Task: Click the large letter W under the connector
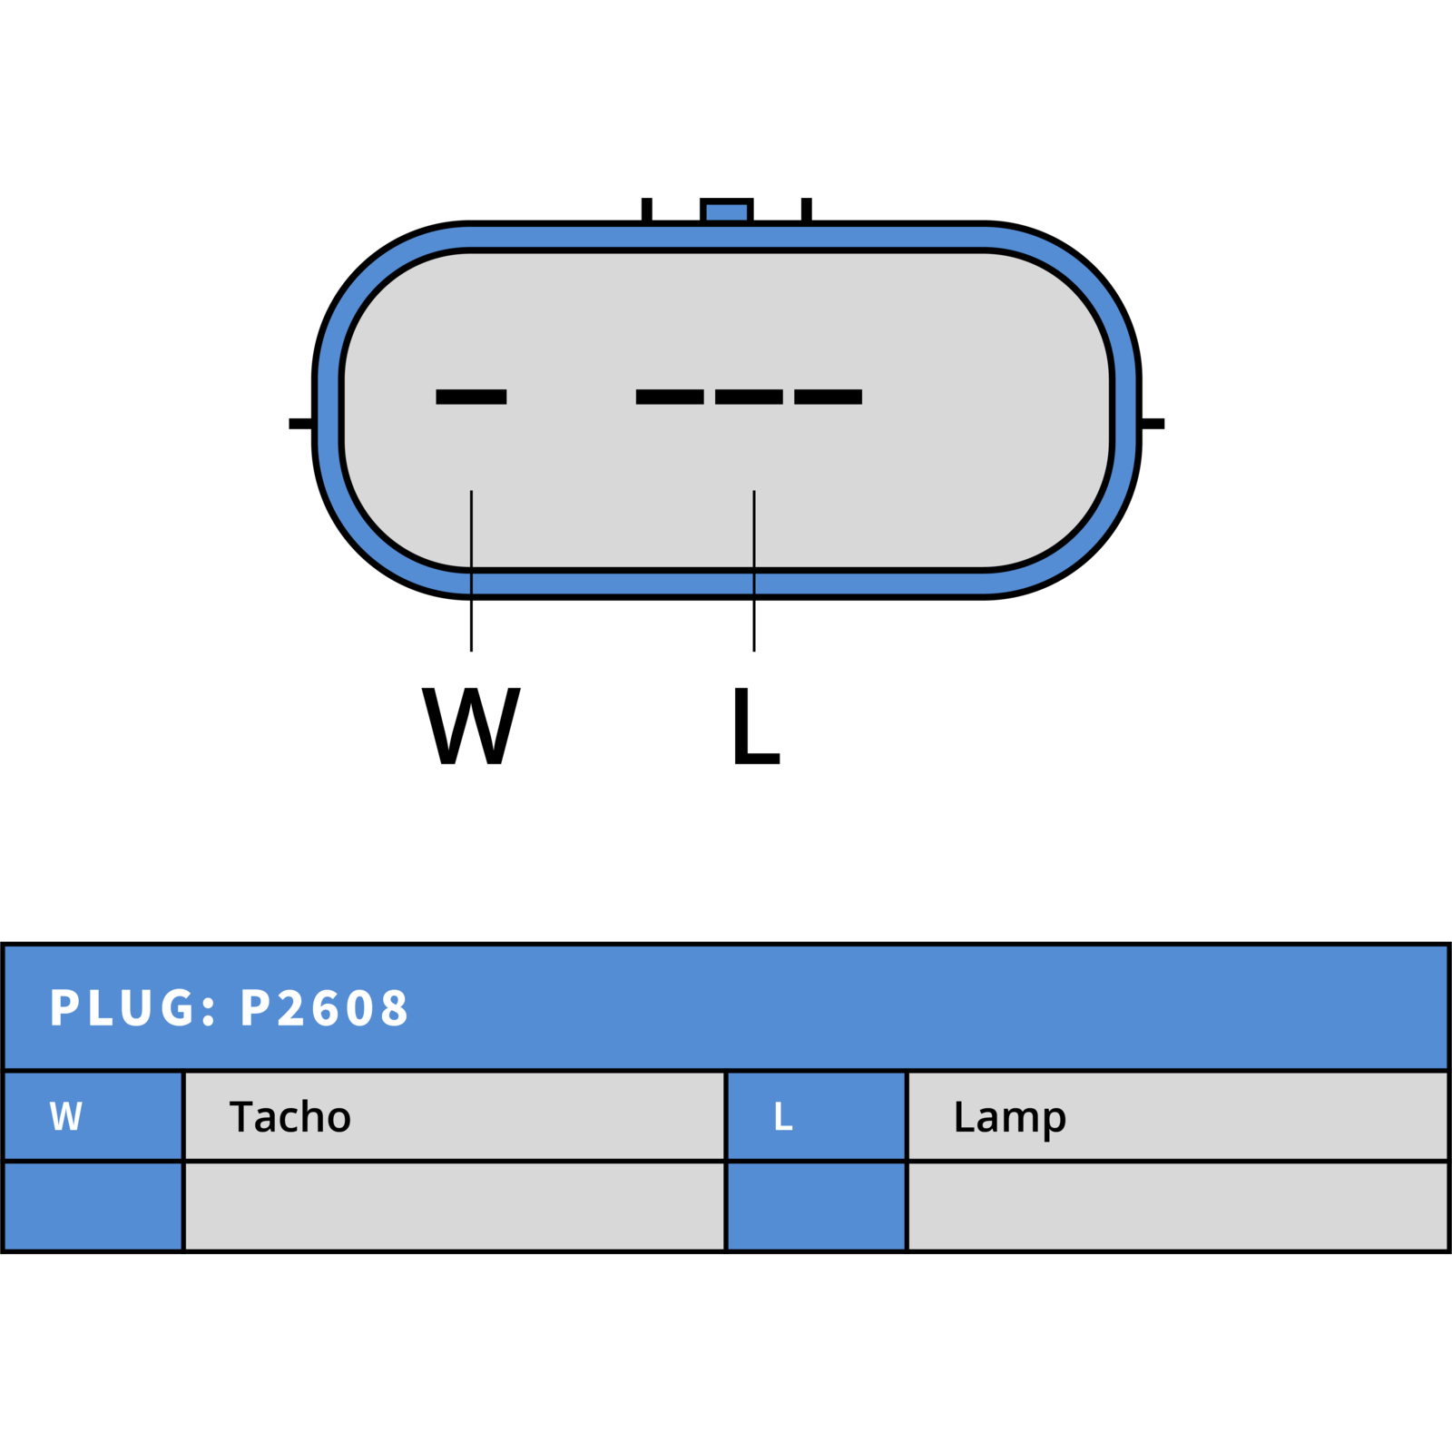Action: (x=471, y=725)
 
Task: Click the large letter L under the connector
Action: (x=756, y=725)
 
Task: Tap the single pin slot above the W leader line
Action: (x=471, y=397)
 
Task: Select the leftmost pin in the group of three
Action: (x=670, y=397)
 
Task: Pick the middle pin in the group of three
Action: (x=749, y=397)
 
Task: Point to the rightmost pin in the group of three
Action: (x=828, y=397)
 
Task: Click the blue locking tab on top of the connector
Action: (x=726, y=211)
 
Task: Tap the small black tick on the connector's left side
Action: (x=300, y=424)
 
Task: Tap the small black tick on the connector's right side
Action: (x=1153, y=424)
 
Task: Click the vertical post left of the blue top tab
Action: (x=647, y=210)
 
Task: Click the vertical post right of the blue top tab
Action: (x=806, y=210)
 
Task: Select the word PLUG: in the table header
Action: (x=133, y=1008)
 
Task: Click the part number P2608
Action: (x=324, y=1008)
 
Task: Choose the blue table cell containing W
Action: (x=93, y=1116)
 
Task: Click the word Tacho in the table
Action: (x=290, y=1116)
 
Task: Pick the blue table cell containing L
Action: (x=817, y=1116)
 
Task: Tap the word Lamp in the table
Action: (x=1009, y=1118)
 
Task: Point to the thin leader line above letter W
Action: (x=471, y=571)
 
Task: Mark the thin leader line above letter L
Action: (x=754, y=571)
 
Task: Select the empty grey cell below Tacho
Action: (x=455, y=1206)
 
